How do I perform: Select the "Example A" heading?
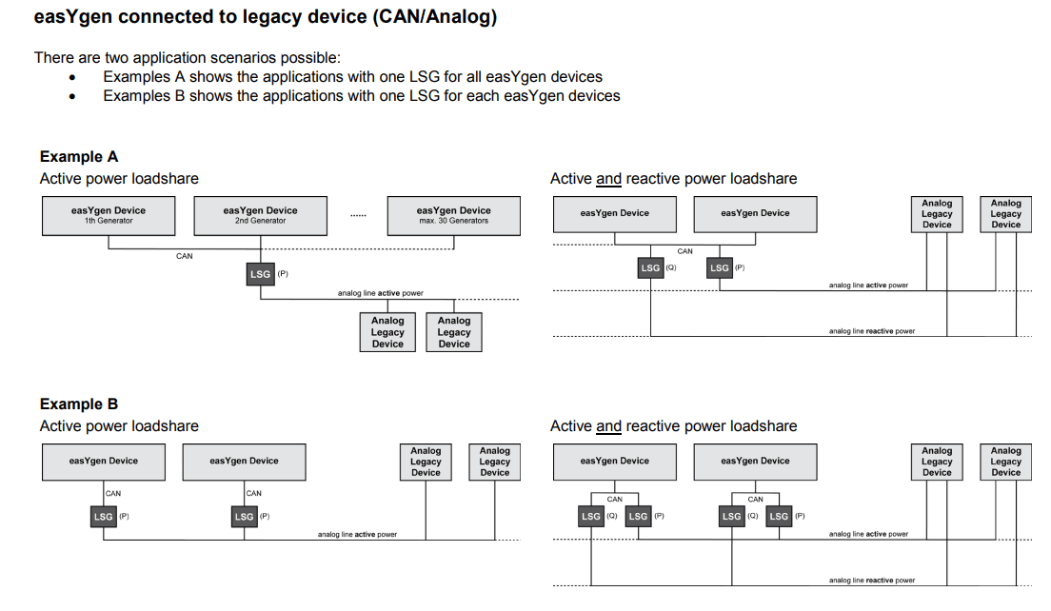click(79, 157)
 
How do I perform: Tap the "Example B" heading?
click(79, 404)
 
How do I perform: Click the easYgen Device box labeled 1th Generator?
click(109, 215)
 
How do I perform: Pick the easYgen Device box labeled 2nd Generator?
click(260, 215)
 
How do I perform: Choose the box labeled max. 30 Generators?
click(453, 215)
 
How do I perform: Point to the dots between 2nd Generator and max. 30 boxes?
click(357, 215)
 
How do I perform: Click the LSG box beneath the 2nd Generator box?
click(260, 274)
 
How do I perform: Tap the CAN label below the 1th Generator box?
click(185, 256)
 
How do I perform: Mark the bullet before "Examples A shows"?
click(72, 77)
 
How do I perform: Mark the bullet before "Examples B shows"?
click(72, 96)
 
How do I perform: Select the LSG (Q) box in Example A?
click(650, 268)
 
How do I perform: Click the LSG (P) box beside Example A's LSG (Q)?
click(720, 268)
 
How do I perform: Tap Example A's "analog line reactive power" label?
click(871, 331)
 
